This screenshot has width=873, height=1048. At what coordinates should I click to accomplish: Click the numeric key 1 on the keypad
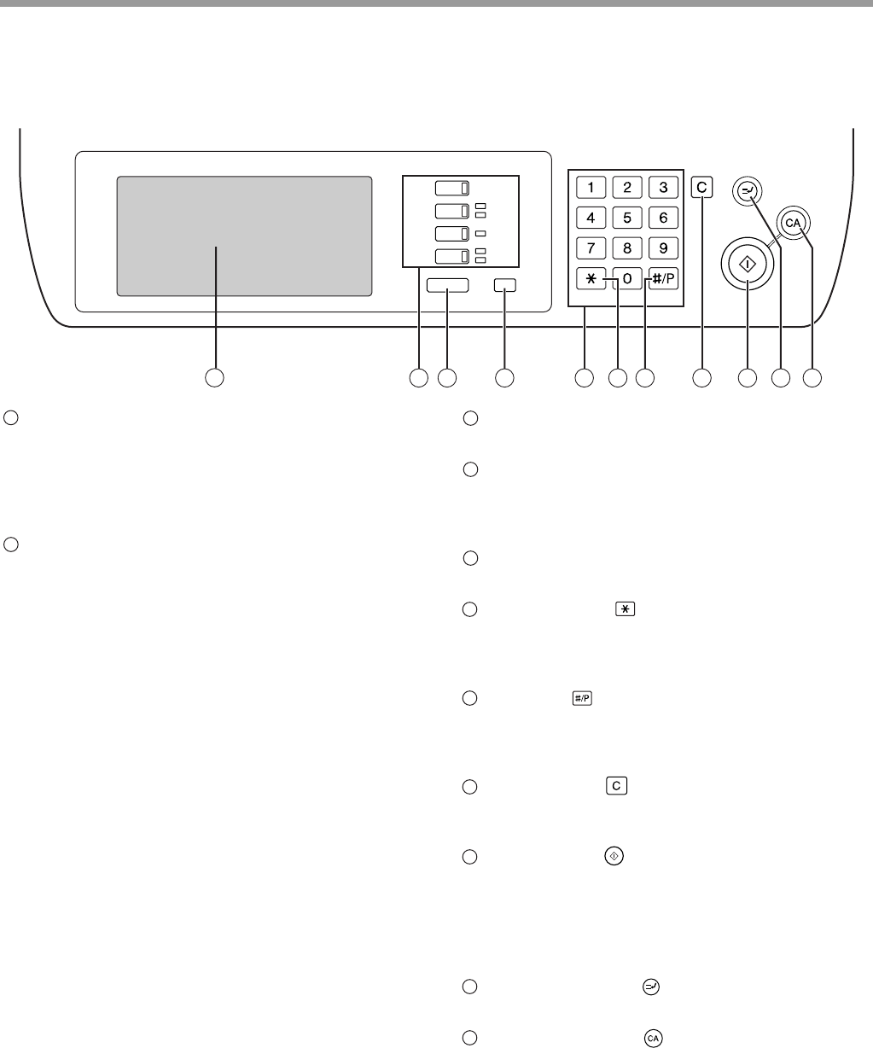[x=591, y=188]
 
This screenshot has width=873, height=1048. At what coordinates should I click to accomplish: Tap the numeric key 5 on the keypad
[x=626, y=218]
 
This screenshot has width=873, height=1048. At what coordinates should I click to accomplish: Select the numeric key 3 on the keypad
[x=663, y=188]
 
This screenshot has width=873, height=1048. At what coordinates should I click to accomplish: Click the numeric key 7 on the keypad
[x=591, y=249]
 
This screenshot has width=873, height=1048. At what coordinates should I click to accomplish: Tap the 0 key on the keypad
[x=626, y=280]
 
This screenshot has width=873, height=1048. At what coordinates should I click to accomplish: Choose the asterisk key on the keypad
[x=591, y=280]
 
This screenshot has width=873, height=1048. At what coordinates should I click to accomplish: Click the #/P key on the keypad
[x=663, y=280]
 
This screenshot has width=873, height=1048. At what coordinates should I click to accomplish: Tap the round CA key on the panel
[x=794, y=224]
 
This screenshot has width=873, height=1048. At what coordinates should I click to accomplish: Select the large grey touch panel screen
[x=244, y=236]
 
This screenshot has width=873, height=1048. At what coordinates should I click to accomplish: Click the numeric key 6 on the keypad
[x=663, y=218]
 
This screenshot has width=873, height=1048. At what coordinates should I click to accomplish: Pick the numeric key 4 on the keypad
[x=591, y=218]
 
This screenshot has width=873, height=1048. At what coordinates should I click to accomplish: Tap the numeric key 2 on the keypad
[x=626, y=188]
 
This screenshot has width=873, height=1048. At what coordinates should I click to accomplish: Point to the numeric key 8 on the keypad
[x=626, y=249]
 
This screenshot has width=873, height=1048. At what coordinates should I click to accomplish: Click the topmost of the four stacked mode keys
[x=451, y=189]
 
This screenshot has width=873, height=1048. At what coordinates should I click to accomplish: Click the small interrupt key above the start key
[x=746, y=192]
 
